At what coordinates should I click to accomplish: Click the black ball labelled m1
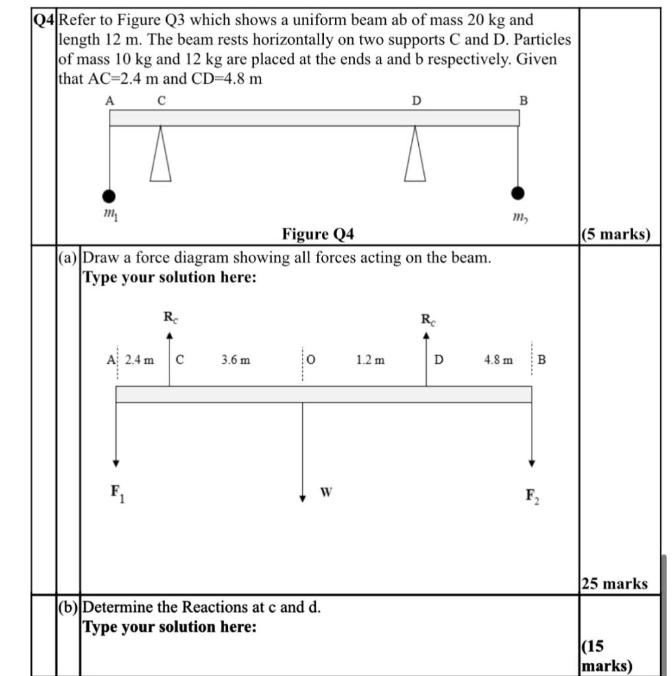pos(109,196)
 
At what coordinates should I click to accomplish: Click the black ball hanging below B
pos(518,193)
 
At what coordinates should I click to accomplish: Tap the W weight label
pos(326,492)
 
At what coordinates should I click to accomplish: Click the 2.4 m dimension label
pos(139,360)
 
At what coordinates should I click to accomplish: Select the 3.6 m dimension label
pos(235,360)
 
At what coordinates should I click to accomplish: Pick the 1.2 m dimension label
pos(371,360)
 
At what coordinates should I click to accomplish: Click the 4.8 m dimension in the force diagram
pos(498,360)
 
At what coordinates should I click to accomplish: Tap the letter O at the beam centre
pos(312,360)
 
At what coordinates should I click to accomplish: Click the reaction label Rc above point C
pos(170,318)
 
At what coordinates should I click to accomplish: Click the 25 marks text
pos(615,584)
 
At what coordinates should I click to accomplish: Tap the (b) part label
pos(69,607)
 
